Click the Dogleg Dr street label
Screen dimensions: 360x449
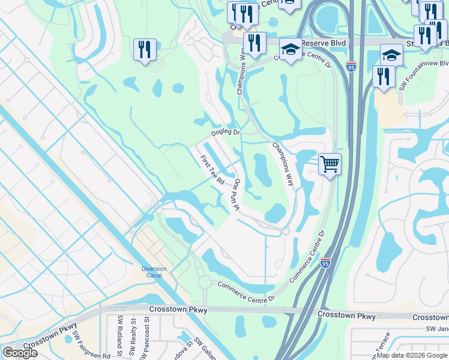tap(225, 133)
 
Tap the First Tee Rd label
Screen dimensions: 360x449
tap(212, 169)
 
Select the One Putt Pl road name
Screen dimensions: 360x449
tap(237, 194)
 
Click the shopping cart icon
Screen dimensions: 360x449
tap(330, 163)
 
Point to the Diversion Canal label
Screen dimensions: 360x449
tap(154, 272)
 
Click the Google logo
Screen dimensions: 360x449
tap(20, 353)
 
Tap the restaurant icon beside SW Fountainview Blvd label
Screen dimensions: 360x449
tap(383, 76)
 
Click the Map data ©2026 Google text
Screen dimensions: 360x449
tap(411, 355)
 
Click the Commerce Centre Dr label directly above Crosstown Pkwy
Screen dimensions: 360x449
tap(246, 292)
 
